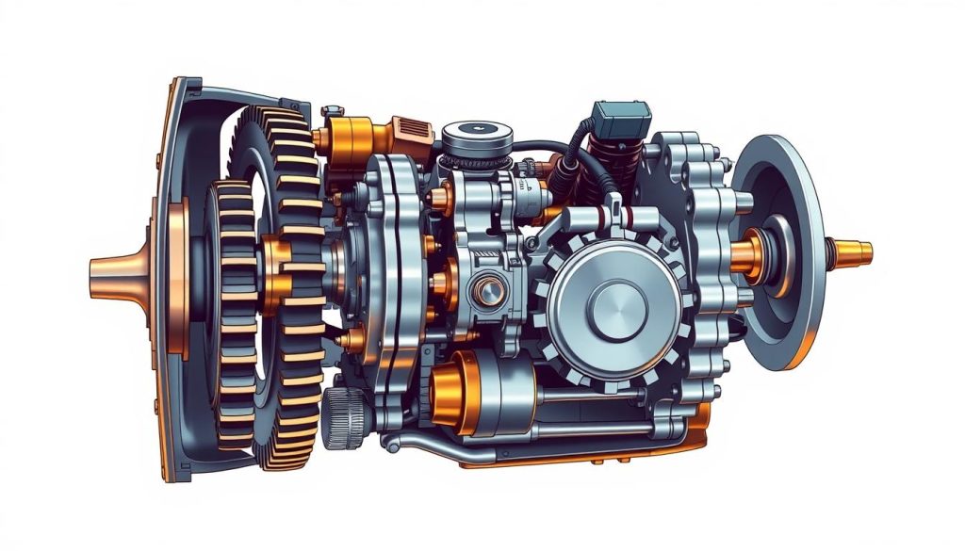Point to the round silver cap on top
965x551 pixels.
pyautogui.click(x=477, y=138)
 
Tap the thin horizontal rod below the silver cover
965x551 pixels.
pyautogui.click(x=603, y=397)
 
